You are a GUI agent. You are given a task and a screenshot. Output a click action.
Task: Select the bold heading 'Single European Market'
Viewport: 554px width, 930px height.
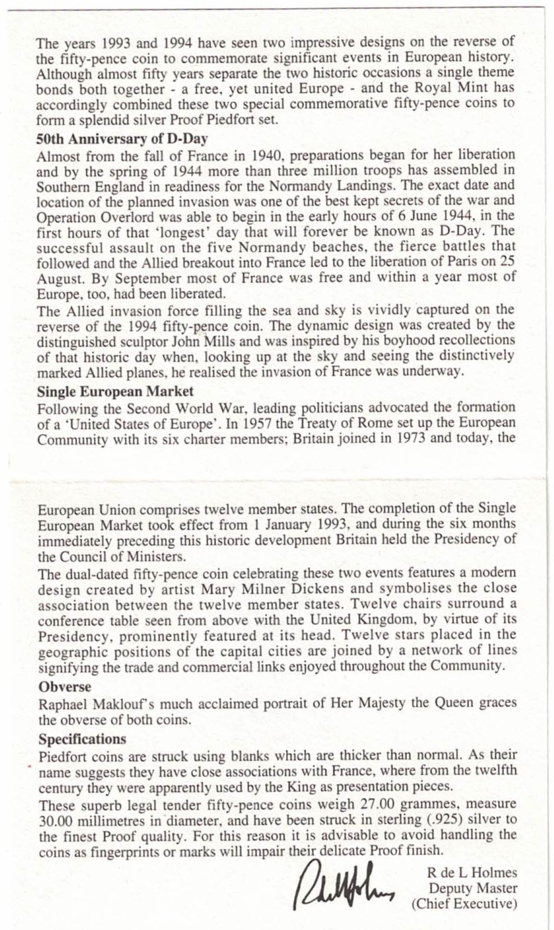pos(115,391)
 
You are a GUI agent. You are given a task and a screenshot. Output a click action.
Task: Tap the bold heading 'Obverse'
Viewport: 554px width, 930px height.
pos(65,687)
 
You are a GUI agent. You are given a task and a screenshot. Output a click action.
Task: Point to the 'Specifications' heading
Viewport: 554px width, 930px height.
pos(82,739)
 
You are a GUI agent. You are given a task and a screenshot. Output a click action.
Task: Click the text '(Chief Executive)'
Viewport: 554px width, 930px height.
pos(464,904)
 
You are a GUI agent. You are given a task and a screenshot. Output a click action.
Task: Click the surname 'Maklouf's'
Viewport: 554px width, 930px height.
pos(125,704)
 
